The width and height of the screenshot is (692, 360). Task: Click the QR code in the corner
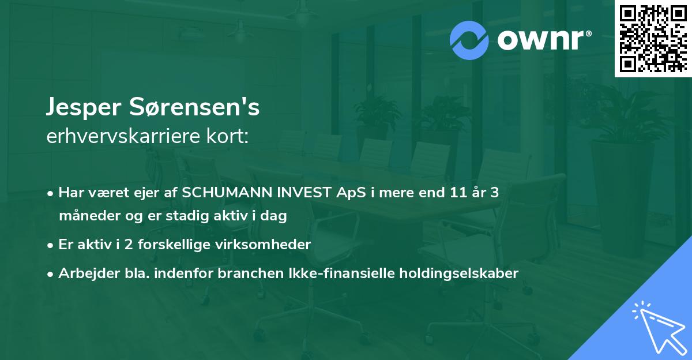point(653,38)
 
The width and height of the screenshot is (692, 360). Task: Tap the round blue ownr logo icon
point(469,40)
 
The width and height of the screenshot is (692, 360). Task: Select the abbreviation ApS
point(341,193)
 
